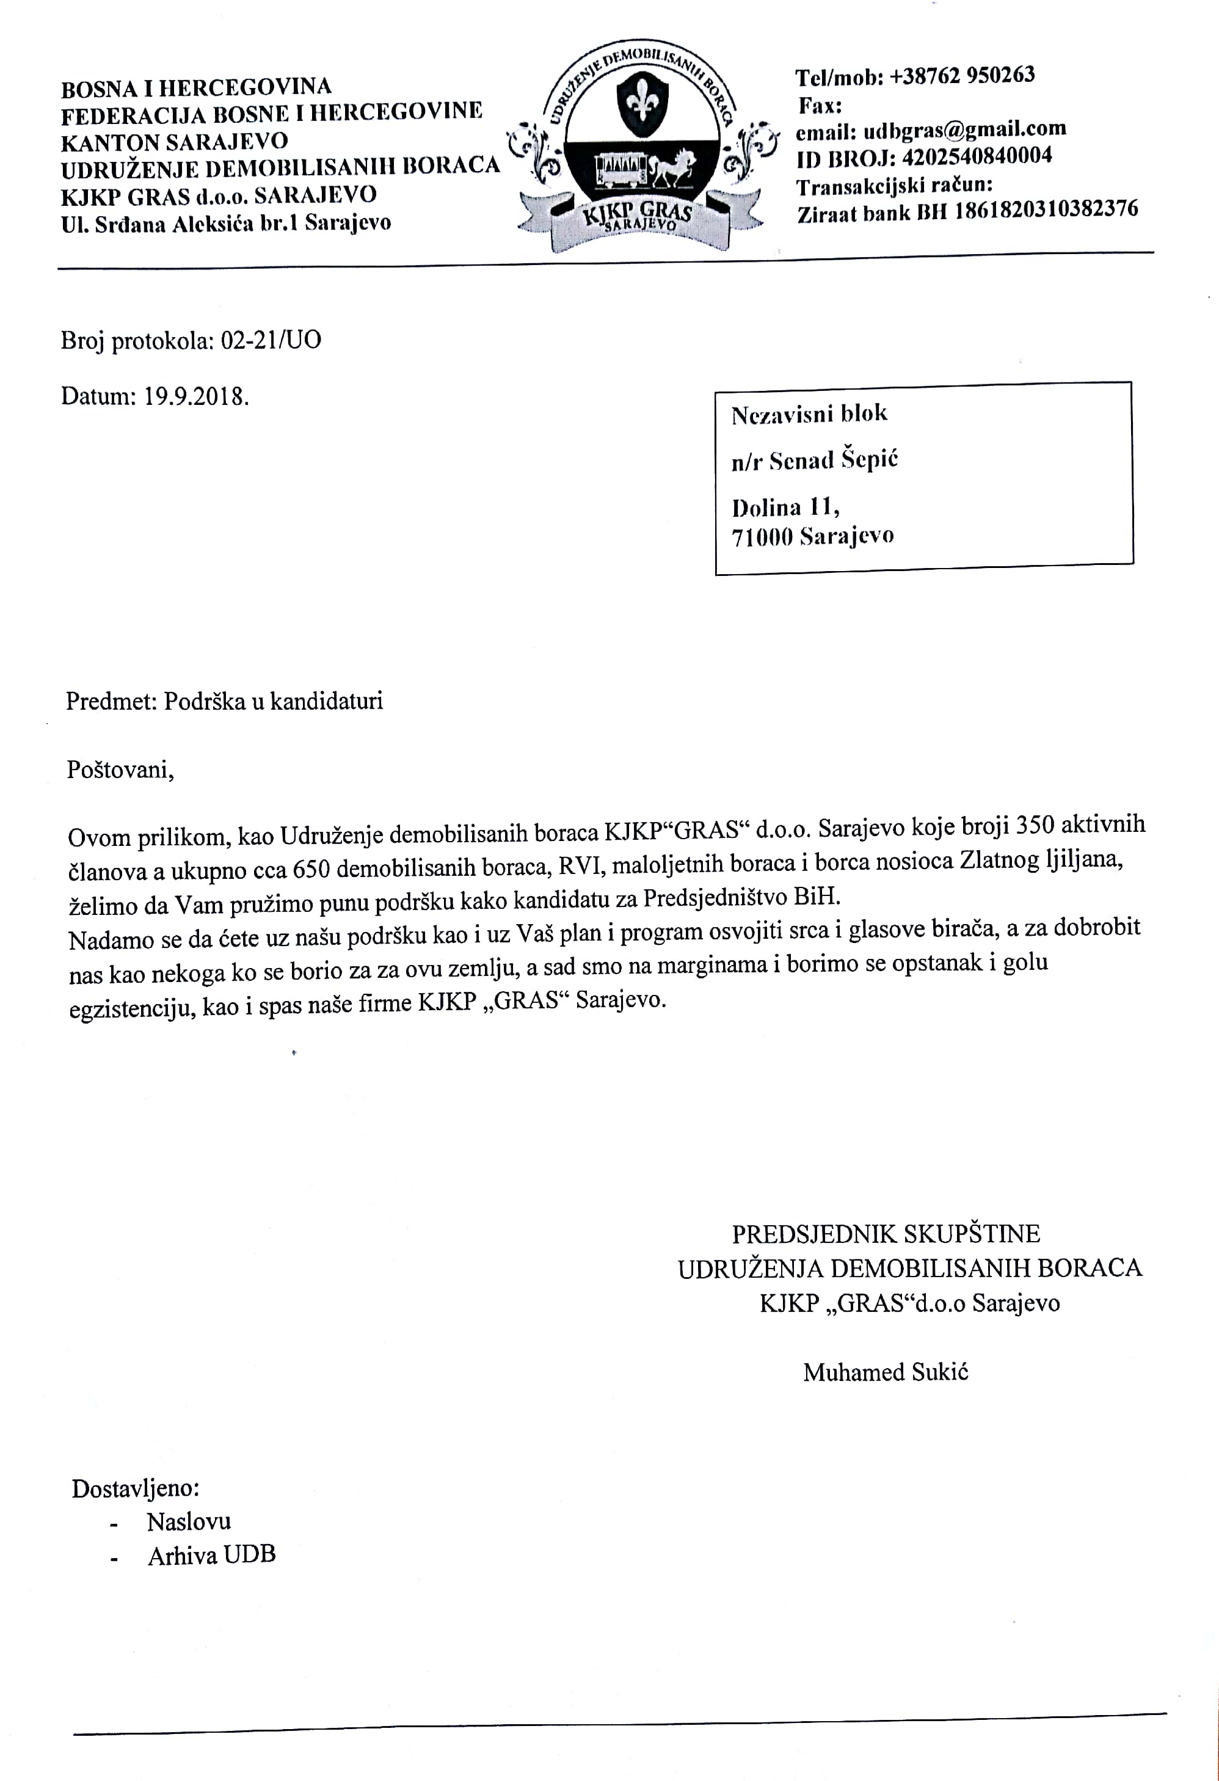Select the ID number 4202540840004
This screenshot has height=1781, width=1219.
(977, 157)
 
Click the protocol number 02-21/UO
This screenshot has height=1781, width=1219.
(271, 340)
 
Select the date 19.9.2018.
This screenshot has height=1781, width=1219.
(196, 397)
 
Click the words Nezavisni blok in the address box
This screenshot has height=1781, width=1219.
(809, 415)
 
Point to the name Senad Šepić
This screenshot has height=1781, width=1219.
(834, 461)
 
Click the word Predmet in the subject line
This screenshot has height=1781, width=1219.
(111, 701)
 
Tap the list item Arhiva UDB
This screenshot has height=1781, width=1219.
(211, 1555)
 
